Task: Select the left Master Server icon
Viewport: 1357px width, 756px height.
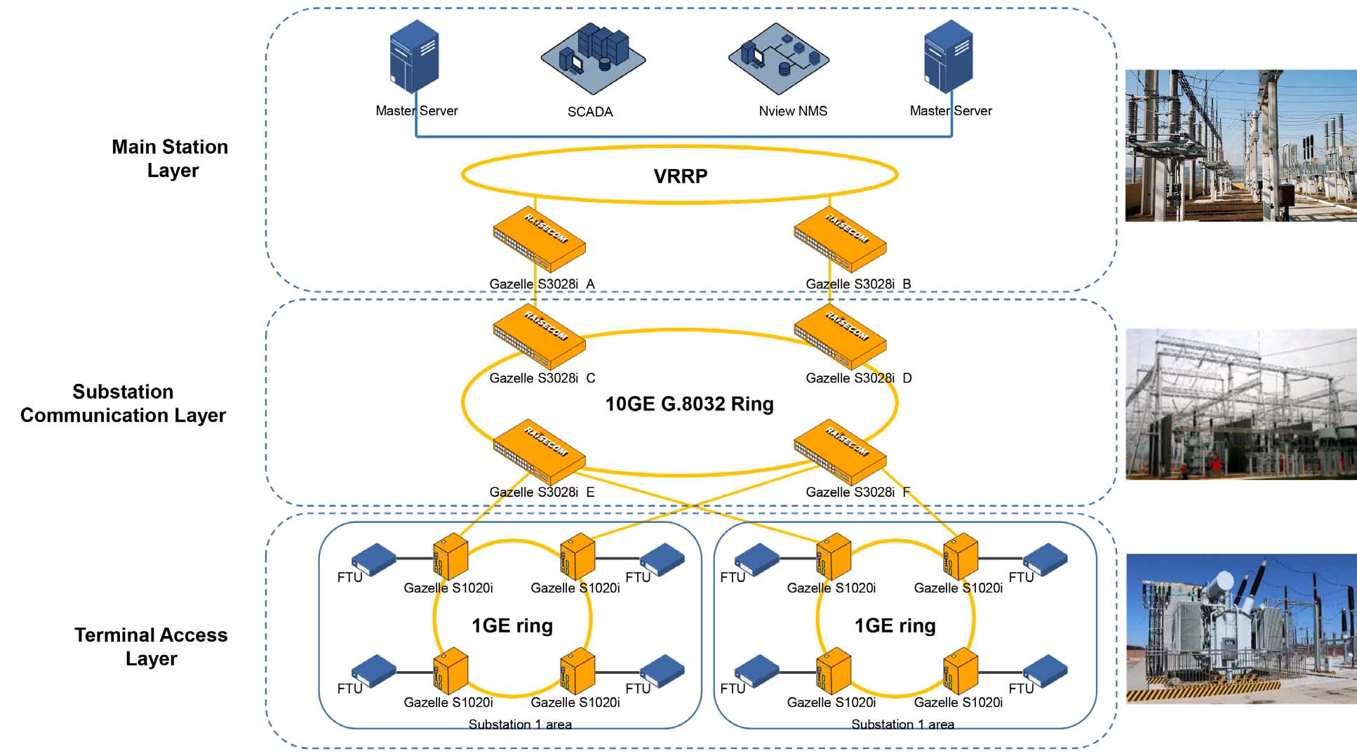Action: pos(415,57)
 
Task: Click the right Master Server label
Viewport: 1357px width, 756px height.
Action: pos(950,111)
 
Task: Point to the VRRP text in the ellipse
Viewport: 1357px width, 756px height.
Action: pos(680,175)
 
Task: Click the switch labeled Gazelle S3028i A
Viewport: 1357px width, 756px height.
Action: pos(539,239)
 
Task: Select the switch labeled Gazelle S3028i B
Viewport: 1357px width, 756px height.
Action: pos(840,239)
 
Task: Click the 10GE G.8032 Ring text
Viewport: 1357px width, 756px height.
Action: pos(689,404)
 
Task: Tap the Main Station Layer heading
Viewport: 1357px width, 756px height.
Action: pos(171,159)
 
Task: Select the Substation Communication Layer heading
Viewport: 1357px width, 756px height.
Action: pos(123,404)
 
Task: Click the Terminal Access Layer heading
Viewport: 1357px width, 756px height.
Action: pos(151,646)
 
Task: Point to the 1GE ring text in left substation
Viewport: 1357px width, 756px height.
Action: pos(512,625)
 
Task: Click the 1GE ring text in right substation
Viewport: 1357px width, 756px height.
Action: pos(895,625)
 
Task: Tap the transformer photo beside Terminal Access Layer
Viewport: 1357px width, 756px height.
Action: pos(1241,629)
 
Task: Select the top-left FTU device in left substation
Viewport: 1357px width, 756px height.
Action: pos(373,559)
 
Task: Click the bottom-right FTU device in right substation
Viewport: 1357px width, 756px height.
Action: pos(1045,670)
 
